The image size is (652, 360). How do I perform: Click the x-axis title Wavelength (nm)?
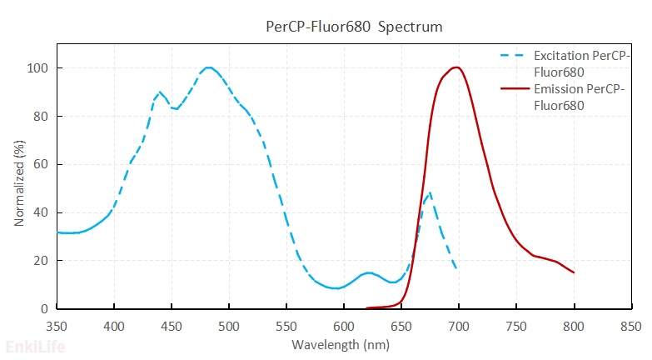[x=341, y=343]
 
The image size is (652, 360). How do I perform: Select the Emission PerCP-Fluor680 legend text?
[x=576, y=97]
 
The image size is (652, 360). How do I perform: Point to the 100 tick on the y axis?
[x=37, y=68]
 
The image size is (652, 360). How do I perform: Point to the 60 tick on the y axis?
[x=41, y=165]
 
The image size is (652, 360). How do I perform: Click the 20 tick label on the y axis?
[x=41, y=261]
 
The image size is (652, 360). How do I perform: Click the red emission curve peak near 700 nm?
[x=455, y=67]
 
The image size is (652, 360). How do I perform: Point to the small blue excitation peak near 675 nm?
[x=429, y=193]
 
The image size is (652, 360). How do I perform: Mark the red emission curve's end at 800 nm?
[x=574, y=272]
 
